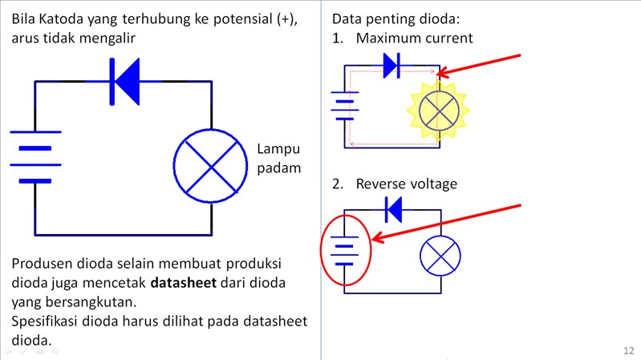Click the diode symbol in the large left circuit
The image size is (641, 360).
tap(125, 81)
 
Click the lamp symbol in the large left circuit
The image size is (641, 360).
tap(210, 167)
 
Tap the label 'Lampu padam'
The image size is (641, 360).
tap(278, 158)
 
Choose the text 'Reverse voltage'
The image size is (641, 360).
tap(406, 184)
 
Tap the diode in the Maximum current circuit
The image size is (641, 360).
tap(391, 66)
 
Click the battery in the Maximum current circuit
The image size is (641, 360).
tap(345, 105)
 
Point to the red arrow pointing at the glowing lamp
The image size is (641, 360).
tap(481, 65)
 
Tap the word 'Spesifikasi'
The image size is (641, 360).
tap(50, 322)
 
